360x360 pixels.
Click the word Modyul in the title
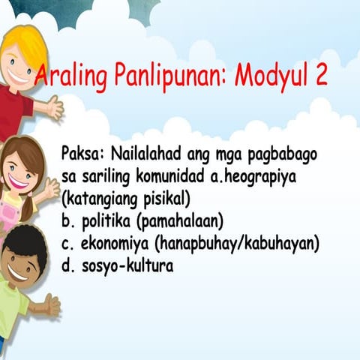(x=269, y=76)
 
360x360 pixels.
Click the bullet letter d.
(x=66, y=266)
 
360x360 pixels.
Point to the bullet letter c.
(x=66, y=245)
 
